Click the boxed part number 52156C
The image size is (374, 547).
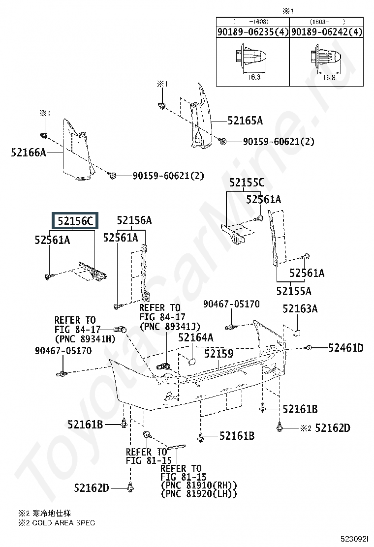[x=75, y=221]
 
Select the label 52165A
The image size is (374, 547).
[x=245, y=121]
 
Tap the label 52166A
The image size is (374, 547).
[x=28, y=152]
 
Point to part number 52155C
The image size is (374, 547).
[x=247, y=182]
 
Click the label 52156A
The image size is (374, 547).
[x=134, y=220]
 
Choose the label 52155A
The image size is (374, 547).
[x=294, y=291]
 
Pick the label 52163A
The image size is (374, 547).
[x=300, y=309]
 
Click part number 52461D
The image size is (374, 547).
[x=346, y=348]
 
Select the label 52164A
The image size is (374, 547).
[x=196, y=337]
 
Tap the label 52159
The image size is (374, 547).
[x=219, y=354]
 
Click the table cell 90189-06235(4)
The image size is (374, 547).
[x=253, y=32]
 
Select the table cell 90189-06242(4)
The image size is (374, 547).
[x=327, y=32]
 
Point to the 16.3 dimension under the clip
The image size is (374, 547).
[x=254, y=77]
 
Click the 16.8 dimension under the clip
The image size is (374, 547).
[x=329, y=77]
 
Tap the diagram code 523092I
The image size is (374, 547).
[x=355, y=539]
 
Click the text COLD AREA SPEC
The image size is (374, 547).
[x=63, y=522]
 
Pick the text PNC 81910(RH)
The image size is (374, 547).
[x=199, y=485]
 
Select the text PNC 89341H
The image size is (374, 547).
[x=86, y=339]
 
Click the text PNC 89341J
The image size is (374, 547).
[x=170, y=326]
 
